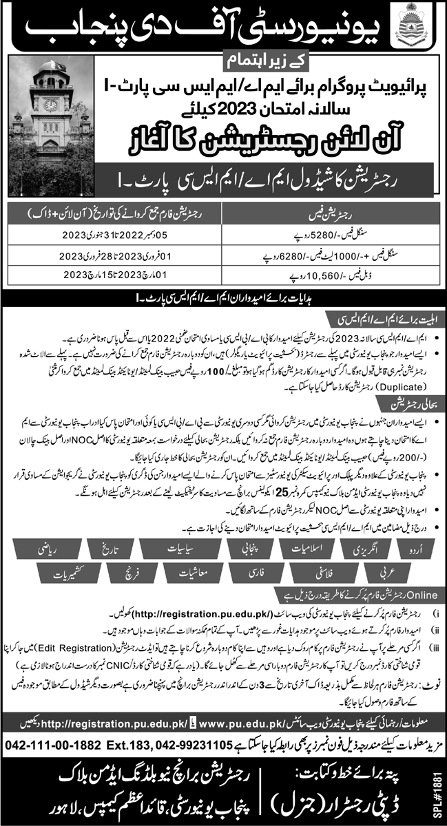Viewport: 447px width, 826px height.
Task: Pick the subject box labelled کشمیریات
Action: (x=61, y=572)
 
